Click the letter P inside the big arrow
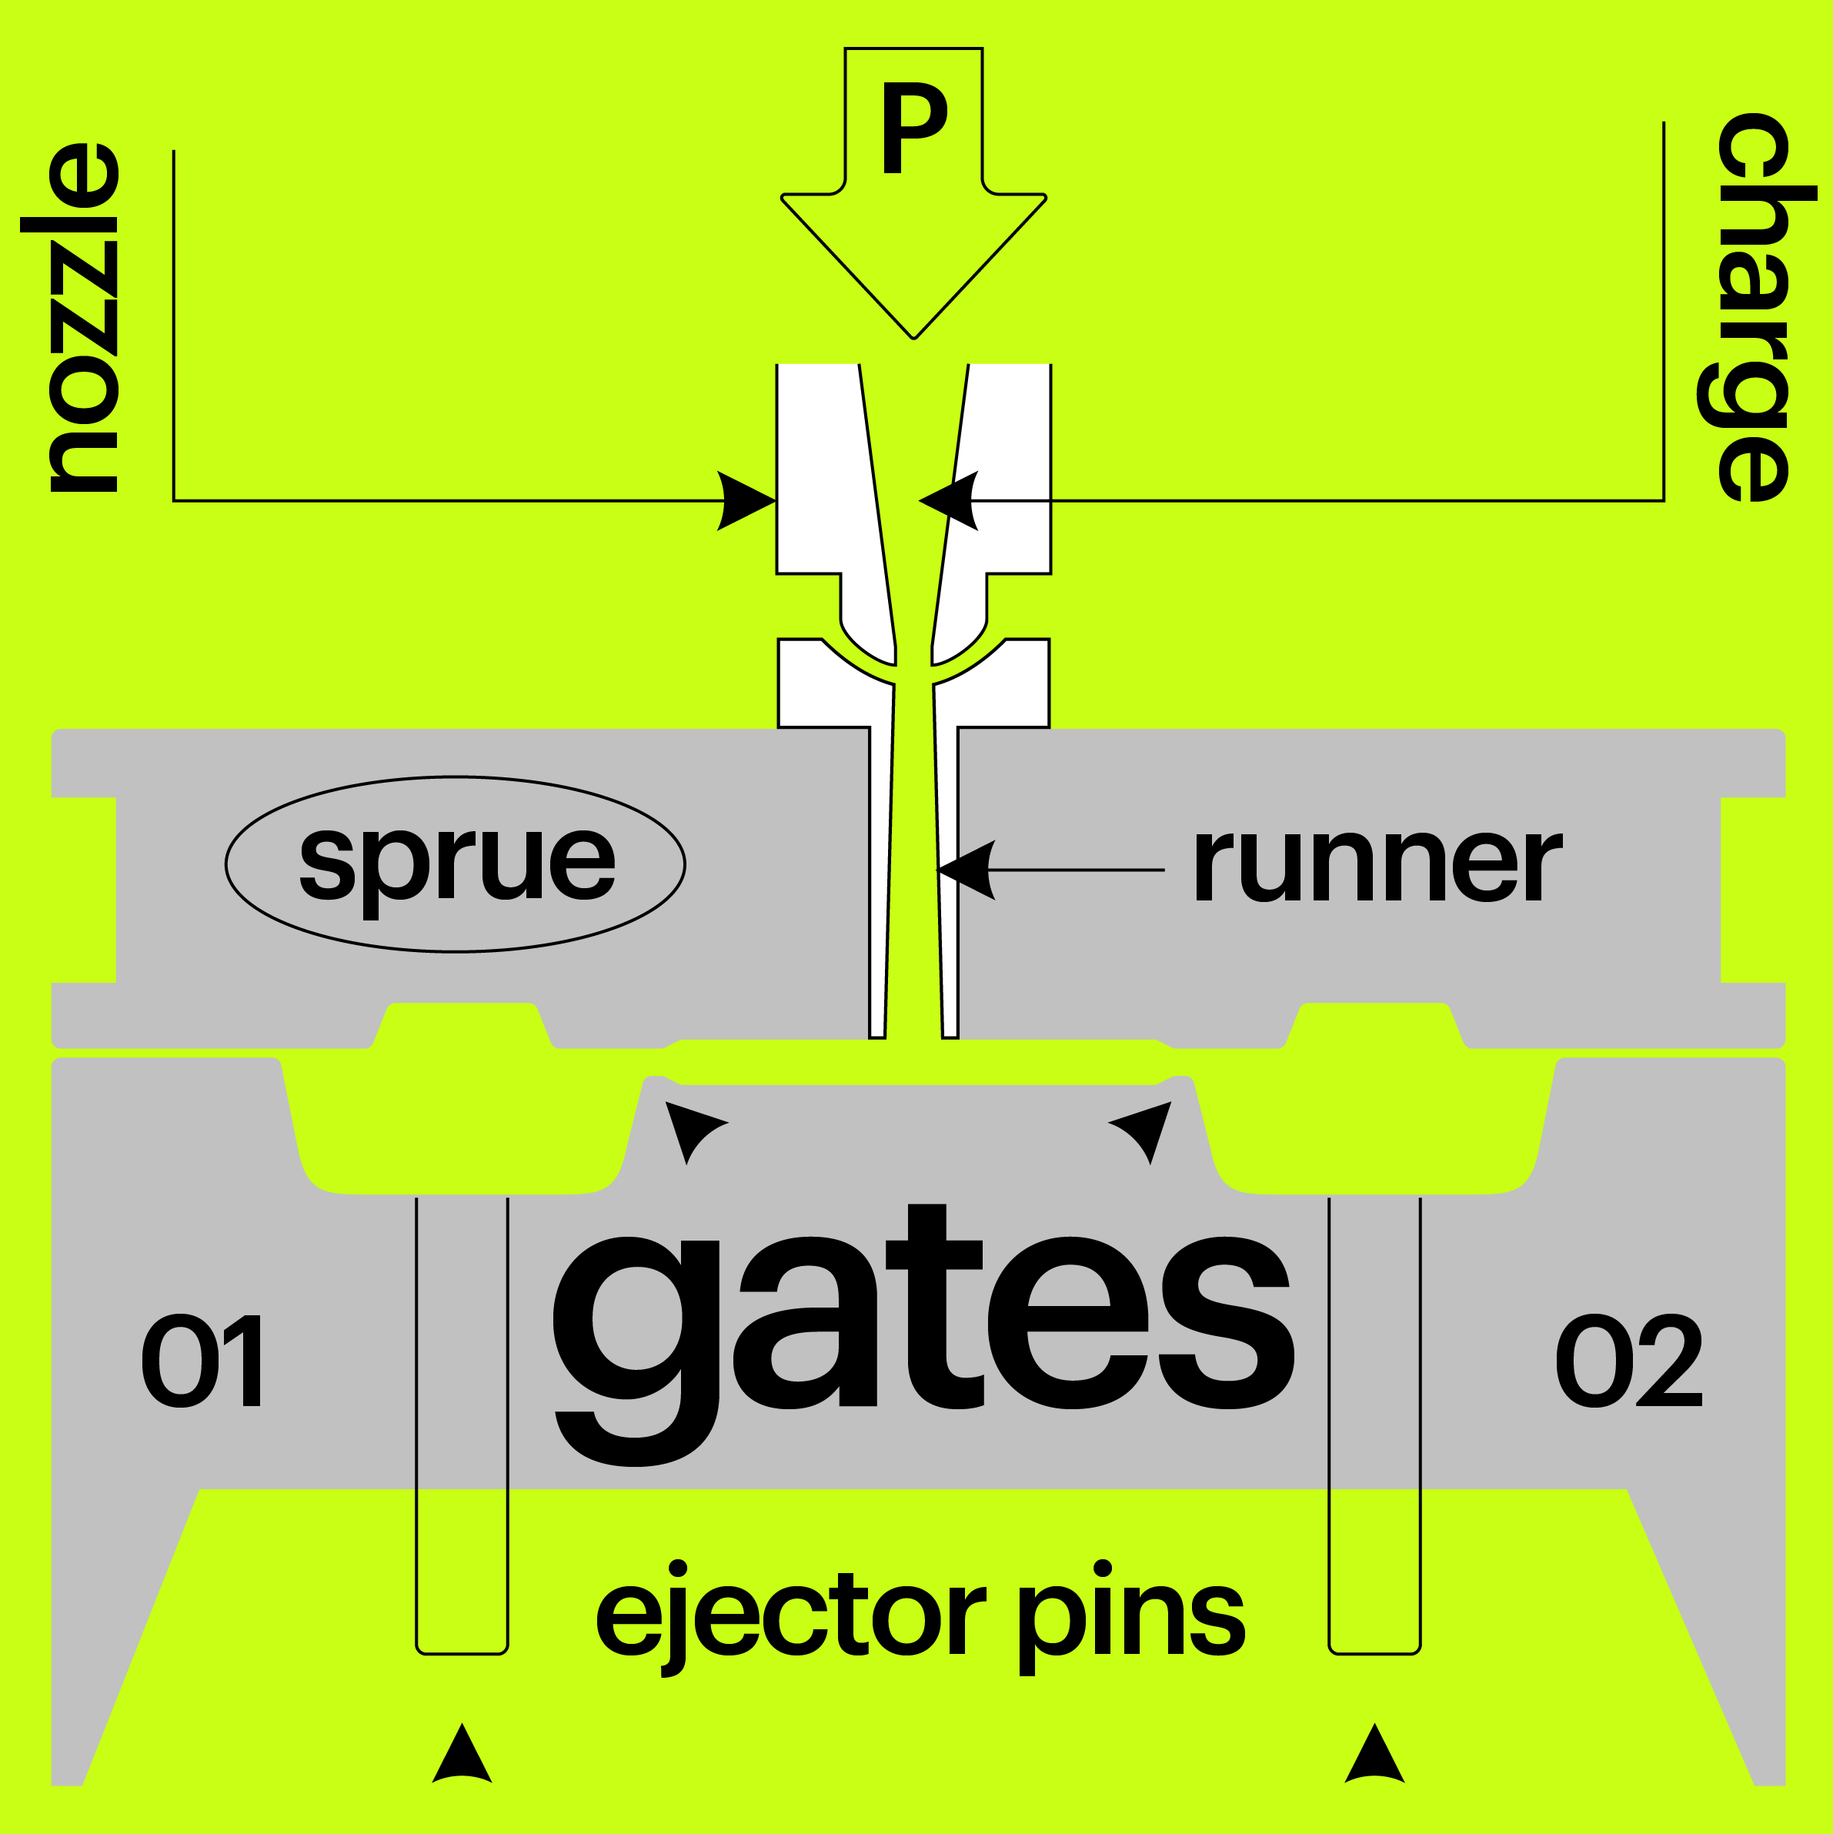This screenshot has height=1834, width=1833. coord(914,127)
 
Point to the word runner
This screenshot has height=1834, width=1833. coord(1377,865)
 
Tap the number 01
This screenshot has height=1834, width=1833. coord(202,1361)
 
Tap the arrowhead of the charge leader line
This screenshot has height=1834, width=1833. coord(948,500)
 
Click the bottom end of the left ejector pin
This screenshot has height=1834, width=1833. coord(462,1655)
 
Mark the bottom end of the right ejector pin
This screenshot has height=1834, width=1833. coord(1374,1655)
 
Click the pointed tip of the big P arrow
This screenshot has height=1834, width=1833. coord(914,339)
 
